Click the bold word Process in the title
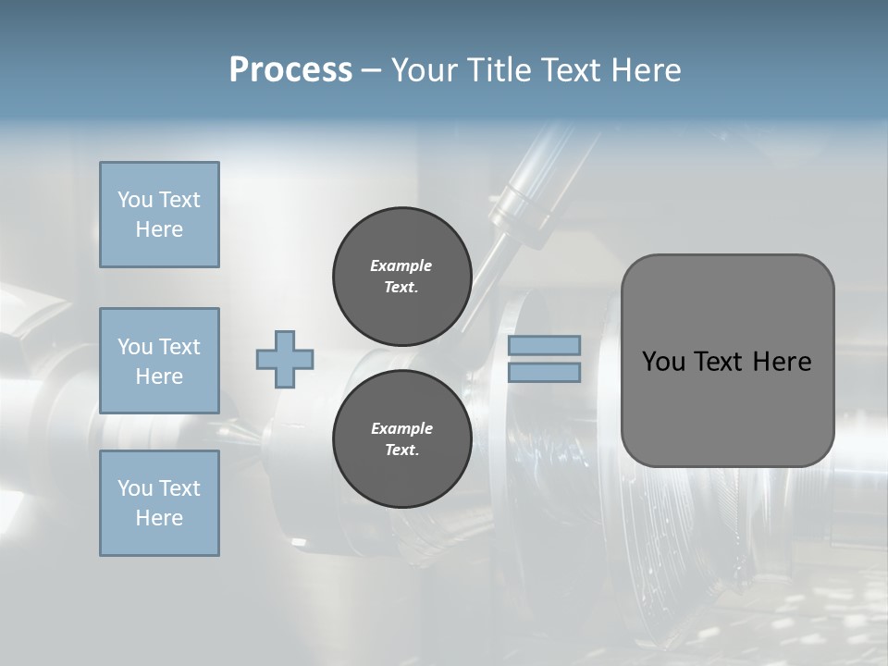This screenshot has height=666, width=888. pyautogui.click(x=290, y=69)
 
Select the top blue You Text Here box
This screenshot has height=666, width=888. pyautogui.click(x=159, y=215)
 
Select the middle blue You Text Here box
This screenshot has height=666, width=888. pyautogui.click(x=159, y=361)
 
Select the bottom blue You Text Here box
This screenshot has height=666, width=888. pyautogui.click(x=159, y=503)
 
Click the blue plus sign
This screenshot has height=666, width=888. pyautogui.click(x=285, y=359)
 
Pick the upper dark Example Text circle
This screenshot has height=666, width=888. pyautogui.click(x=401, y=276)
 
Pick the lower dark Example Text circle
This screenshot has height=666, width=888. pyautogui.click(x=401, y=438)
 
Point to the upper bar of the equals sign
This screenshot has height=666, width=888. pyautogui.click(x=545, y=345)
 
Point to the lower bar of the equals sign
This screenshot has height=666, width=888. pyautogui.click(x=545, y=372)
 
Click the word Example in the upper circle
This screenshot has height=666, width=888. pyautogui.click(x=401, y=265)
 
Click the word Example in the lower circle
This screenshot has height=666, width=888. pyautogui.click(x=401, y=428)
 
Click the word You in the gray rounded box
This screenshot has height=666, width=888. pyautogui.click(x=662, y=361)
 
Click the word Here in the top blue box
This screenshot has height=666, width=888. pyautogui.click(x=159, y=229)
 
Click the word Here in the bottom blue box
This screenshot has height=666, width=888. pyautogui.click(x=159, y=518)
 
